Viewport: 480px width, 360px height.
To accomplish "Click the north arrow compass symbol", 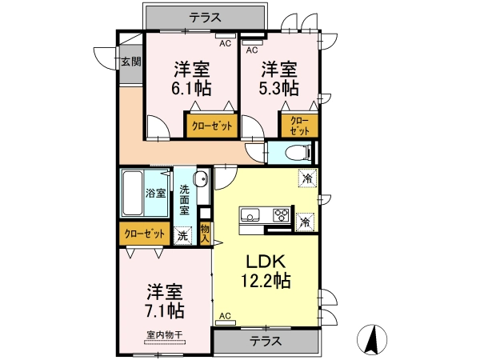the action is (x=372, y=339).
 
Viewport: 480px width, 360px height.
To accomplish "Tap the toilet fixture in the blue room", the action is (x=298, y=151).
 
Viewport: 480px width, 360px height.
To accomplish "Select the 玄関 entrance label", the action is (x=131, y=62).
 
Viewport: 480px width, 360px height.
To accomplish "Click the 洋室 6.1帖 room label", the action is (x=193, y=78).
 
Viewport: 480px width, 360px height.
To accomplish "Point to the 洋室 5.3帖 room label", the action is (x=279, y=78).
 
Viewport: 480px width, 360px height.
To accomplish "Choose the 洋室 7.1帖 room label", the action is (x=166, y=302).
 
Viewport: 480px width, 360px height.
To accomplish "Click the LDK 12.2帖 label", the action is (x=266, y=271).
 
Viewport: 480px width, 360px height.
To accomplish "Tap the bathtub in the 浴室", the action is (x=133, y=193).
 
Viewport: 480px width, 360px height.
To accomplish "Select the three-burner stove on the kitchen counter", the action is (x=282, y=214).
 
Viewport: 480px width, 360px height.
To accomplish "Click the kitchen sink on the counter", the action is (x=250, y=215).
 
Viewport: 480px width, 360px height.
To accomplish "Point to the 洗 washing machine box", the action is (x=182, y=236).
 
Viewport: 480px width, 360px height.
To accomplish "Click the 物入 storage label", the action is (x=205, y=234).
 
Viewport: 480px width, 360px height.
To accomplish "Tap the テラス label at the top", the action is (x=205, y=17).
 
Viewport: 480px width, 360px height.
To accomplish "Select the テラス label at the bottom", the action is (x=266, y=341).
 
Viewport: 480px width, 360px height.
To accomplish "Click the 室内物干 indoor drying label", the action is (x=165, y=334).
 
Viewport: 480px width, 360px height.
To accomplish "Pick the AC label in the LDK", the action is (x=225, y=316).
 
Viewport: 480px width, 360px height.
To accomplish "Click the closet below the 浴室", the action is (x=145, y=234).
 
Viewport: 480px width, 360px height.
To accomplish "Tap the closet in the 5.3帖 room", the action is (x=299, y=126).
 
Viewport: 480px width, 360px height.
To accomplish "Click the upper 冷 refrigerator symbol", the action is (x=308, y=178).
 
